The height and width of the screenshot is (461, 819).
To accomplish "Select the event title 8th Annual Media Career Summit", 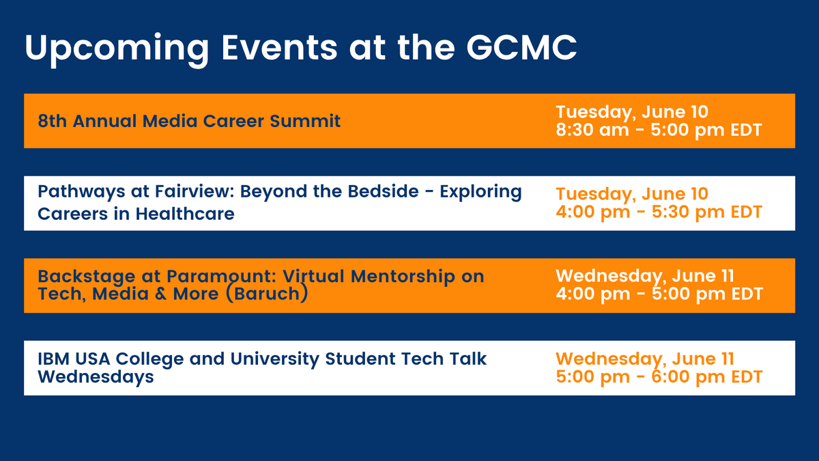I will tap(189, 122).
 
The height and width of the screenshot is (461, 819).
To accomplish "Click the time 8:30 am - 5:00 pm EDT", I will tap(658, 130).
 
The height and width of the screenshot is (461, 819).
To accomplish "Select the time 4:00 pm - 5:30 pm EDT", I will tap(658, 212).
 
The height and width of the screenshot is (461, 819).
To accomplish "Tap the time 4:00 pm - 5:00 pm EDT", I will tap(658, 294).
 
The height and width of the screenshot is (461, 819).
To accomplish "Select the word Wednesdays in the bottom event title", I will tap(96, 377).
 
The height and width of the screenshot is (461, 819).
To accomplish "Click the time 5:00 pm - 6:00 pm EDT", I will tap(658, 376).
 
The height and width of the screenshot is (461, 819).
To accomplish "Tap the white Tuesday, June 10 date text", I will tap(632, 111).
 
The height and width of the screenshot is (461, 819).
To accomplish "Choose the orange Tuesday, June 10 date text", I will tap(632, 194).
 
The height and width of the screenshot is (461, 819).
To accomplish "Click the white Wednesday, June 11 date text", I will tap(645, 277).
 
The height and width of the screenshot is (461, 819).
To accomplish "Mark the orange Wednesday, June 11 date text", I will tap(645, 359).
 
